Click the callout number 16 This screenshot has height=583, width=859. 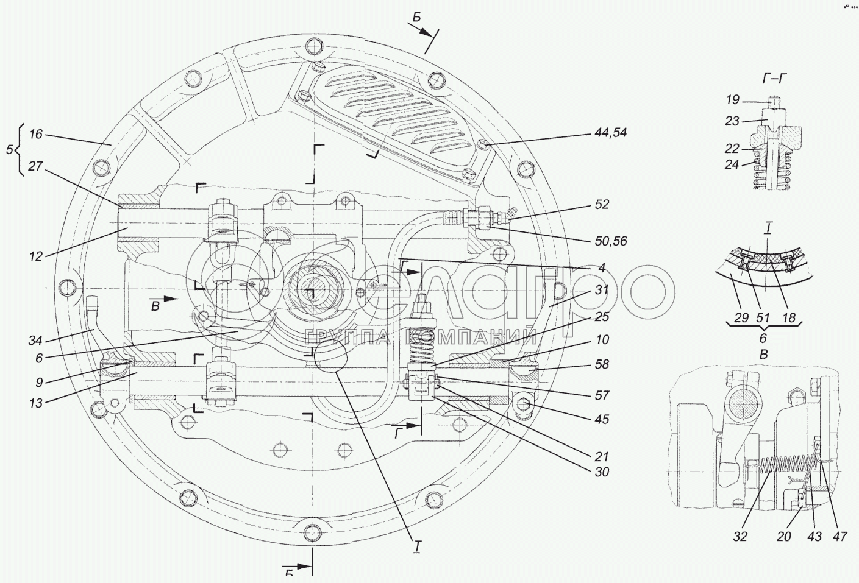36,134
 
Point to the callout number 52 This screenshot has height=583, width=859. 602,205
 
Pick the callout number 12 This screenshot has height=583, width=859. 36,256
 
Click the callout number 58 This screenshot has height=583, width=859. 602,364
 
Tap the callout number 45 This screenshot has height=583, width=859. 602,419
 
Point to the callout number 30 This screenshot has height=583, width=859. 602,472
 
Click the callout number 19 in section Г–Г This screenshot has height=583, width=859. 732,99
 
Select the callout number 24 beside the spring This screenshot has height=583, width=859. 732,164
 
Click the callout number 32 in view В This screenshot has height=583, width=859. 740,537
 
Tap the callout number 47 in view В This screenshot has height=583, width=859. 839,537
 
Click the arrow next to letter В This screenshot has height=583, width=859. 171,299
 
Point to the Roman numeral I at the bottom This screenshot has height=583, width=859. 417,547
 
